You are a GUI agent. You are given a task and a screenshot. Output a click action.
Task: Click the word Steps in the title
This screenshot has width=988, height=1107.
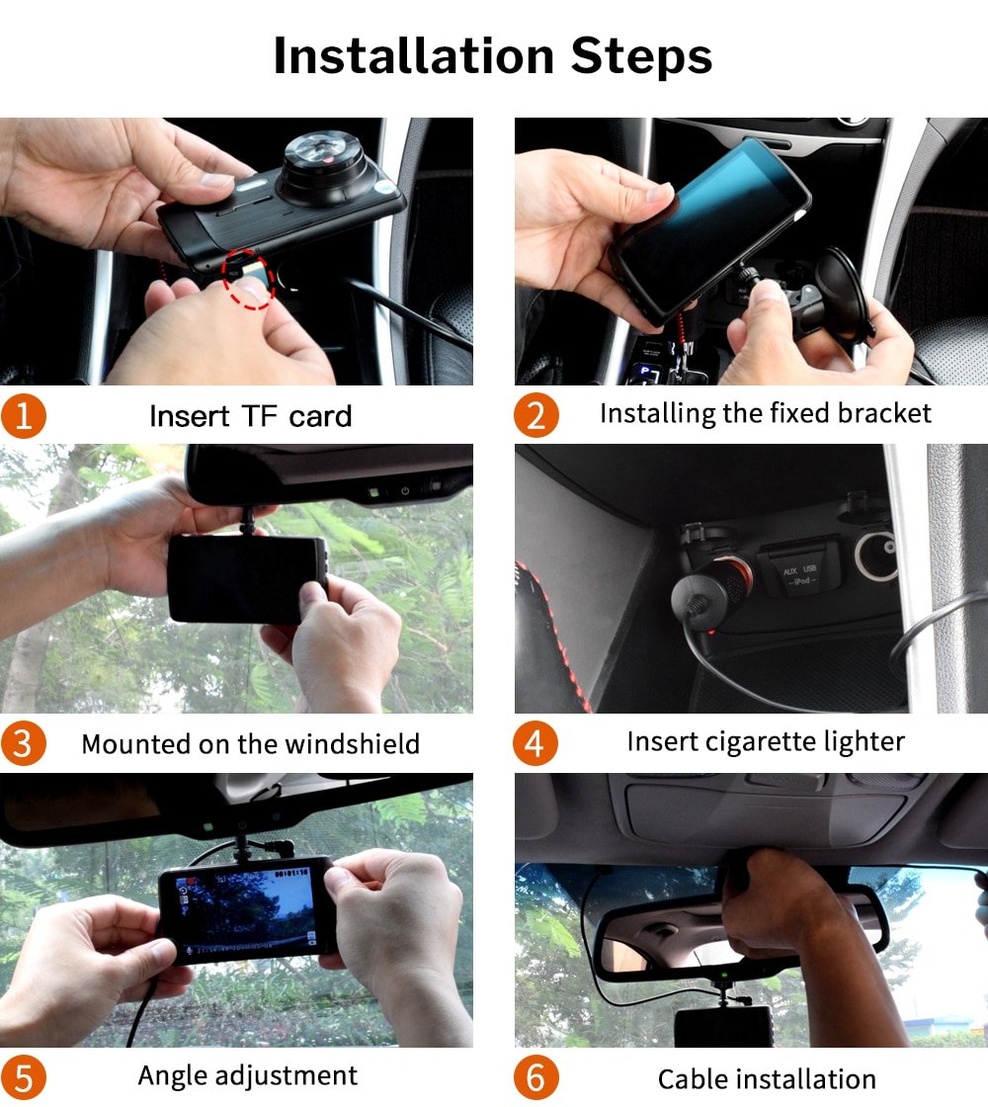point(641,57)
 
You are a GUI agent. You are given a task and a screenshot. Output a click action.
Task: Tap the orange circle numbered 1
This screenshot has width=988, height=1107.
point(23,416)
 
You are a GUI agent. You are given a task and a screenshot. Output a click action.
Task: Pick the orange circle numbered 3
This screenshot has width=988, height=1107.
point(23,743)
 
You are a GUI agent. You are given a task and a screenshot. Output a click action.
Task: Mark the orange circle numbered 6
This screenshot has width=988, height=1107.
point(535,1077)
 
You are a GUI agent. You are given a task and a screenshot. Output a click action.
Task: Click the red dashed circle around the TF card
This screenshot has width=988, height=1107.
point(247,279)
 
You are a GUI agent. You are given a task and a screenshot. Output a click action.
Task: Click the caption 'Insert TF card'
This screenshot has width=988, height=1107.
point(250,416)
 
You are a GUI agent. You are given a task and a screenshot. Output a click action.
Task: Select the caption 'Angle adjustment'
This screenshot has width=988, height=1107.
point(248,1075)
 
